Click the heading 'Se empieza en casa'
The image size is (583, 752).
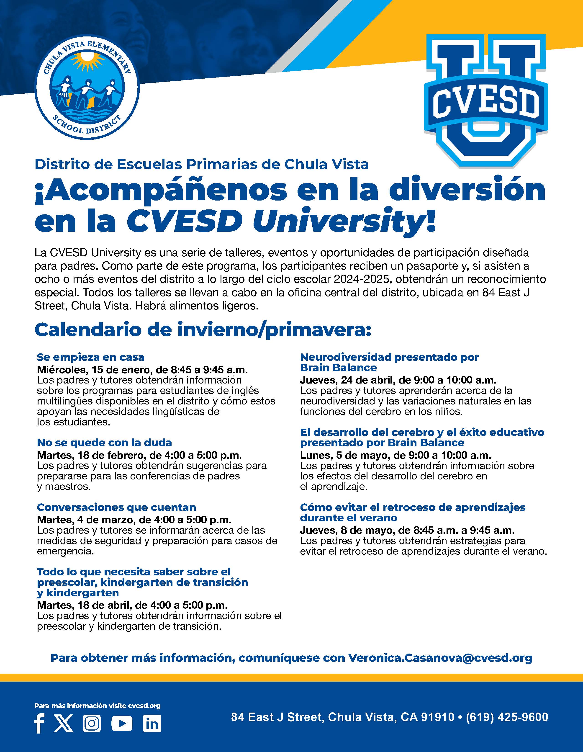coord(90,357)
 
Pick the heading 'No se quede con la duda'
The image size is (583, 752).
coord(104,443)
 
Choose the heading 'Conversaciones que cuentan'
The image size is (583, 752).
coord(116,507)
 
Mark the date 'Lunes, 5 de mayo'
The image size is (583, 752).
coord(344,455)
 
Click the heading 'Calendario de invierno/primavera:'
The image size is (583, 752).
coord(203,330)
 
